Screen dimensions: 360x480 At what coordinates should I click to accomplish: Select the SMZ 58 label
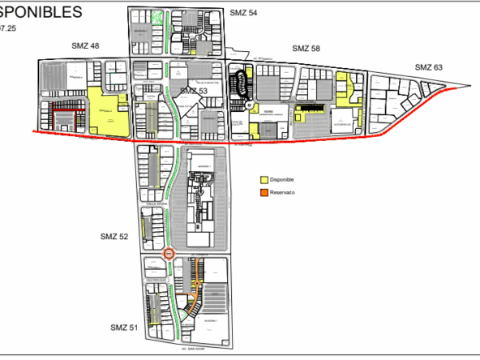point(306,49)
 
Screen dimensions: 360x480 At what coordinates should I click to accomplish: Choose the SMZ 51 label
point(124,327)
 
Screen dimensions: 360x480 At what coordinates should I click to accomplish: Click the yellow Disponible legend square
point(264,178)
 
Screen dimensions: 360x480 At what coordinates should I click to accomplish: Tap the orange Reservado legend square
point(264,193)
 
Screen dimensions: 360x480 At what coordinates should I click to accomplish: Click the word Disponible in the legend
point(283,178)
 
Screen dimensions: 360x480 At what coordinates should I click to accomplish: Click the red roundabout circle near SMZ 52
point(169,254)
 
